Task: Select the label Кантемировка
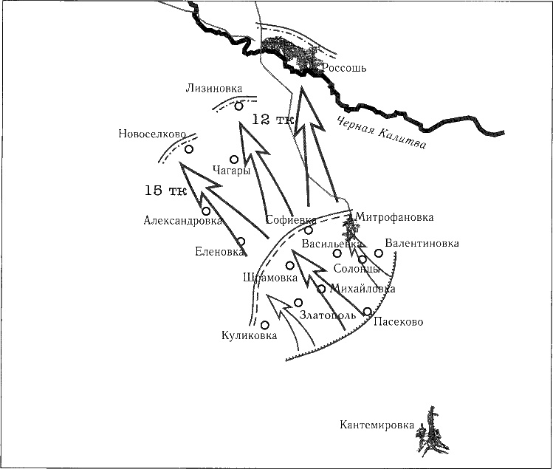tap(376, 425)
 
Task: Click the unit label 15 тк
tap(165, 191)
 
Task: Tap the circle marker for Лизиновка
tap(238, 106)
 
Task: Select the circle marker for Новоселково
tap(189, 149)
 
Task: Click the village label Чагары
tap(230, 170)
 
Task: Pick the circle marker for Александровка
tap(206, 211)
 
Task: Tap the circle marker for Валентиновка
tap(379, 253)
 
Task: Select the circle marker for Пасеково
tap(368, 311)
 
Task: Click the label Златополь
tap(328, 315)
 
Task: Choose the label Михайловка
tap(363, 289)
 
